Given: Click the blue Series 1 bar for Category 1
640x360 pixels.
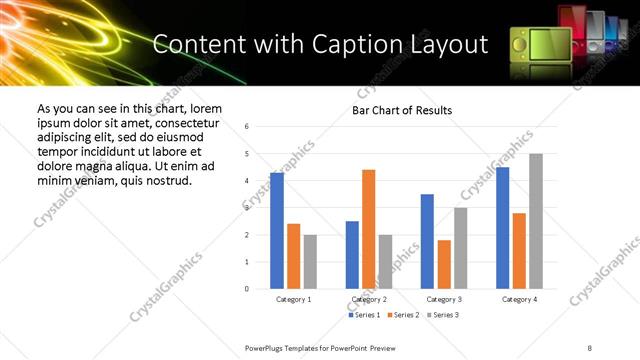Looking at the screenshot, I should point(277,231).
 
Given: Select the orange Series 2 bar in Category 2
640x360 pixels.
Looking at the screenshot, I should point(368,229).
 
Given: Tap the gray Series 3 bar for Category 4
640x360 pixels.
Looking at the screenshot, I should point(535,221).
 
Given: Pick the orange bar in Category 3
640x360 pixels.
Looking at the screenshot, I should point(443,264).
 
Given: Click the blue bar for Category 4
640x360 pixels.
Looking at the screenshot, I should point(502,228).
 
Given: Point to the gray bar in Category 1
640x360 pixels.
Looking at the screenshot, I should point(310,262).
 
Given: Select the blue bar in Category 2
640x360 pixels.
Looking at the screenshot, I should point(352,255).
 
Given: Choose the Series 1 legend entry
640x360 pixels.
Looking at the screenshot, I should point(365,315).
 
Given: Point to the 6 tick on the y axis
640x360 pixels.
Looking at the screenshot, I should point(247,127).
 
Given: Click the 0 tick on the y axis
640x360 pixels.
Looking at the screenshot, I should point(247,289).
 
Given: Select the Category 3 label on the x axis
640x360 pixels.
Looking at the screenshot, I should point(444,299).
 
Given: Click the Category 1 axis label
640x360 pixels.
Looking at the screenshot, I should point(293,299).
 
